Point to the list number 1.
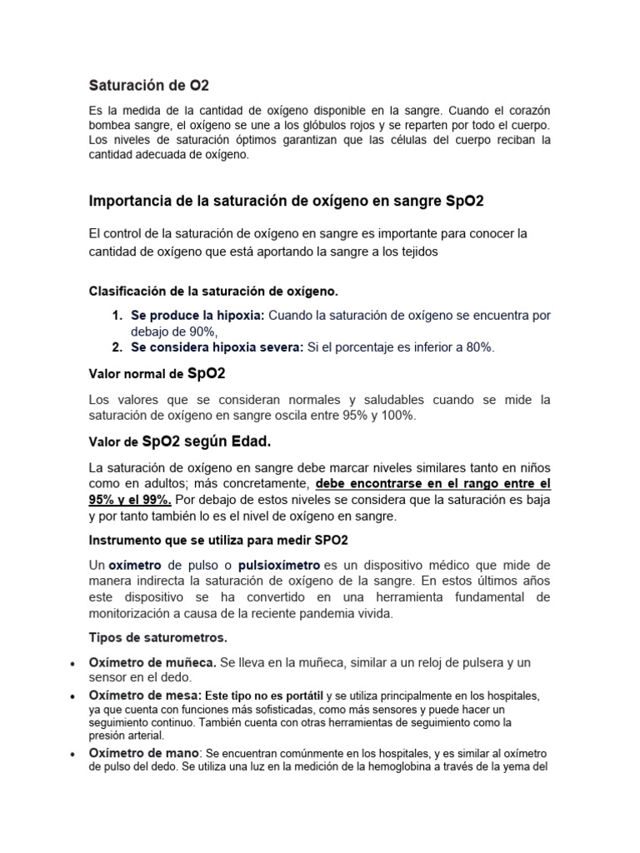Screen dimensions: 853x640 [x=116, y=316]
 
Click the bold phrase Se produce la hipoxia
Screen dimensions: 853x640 [x=197, y=316]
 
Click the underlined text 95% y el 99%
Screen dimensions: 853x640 [x=130, y=499]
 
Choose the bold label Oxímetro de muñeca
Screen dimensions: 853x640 [x=152, y=662]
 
